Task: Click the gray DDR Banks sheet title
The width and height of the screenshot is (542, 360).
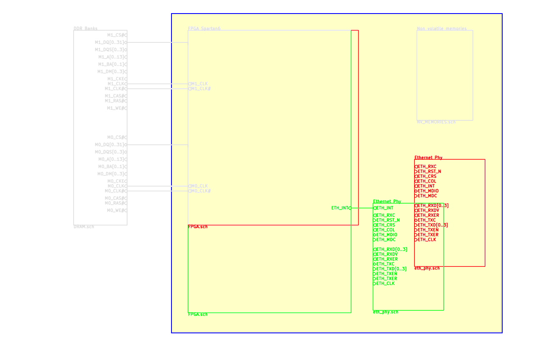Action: tap(85, 28)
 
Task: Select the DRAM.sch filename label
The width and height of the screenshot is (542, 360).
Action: tap(84, 227)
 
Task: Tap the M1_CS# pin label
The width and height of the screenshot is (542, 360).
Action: tap(115, 35)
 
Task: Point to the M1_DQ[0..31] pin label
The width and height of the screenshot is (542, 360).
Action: tap(110, 42)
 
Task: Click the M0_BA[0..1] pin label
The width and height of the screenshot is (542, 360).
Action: tap(111, 166)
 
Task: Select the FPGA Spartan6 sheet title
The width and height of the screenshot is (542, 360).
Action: tap(204, 28)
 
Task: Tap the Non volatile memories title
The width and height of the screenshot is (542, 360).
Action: tap(442, 28)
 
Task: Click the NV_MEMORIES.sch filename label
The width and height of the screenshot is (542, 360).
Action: tap(436, 122)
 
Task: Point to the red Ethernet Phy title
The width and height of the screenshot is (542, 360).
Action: tap(428, 158)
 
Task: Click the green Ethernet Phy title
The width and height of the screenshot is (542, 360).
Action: tap(387, 201)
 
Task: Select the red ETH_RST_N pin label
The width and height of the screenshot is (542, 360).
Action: tap(429, 172)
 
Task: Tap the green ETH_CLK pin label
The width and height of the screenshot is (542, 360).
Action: tap(385, 283)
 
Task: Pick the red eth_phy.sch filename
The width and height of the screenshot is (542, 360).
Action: tap(427, 268)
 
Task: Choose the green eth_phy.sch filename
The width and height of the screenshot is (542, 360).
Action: tap(385, 312)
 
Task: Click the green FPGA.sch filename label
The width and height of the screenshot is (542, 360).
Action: tap(198, 314)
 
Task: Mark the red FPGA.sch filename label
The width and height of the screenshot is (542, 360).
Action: tap(198, 227)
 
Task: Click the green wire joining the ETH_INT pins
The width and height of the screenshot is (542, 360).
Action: tap(362, 208)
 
